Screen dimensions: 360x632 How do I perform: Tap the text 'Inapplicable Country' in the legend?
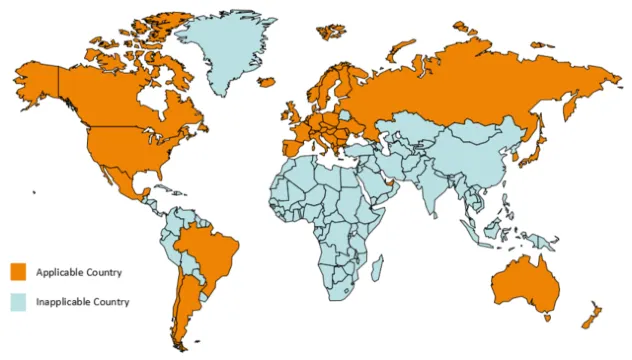click(83, 301)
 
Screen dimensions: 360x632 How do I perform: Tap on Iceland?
click(267, 82)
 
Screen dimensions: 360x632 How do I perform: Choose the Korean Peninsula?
click(516, 152)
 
